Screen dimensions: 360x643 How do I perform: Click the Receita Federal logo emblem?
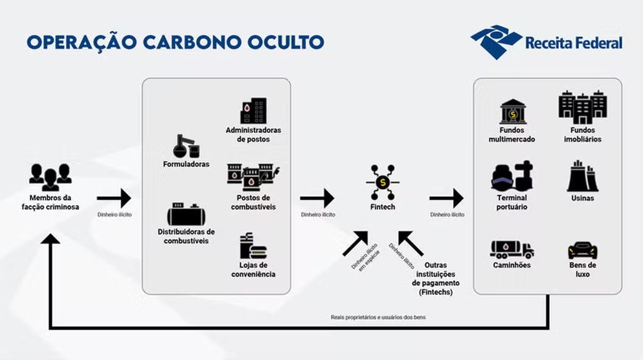point(496,42)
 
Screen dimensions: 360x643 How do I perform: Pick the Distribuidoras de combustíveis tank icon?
point(186,214)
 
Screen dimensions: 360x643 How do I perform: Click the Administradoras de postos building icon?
point(253,111)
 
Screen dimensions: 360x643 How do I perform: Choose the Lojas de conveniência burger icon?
point(253,247)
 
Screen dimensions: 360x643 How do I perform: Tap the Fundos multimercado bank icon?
point(513,111)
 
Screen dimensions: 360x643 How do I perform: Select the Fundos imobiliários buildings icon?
point(582,108)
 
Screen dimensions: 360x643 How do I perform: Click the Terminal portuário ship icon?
point(512,175)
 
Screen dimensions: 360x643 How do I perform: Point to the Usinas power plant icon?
point(582,176)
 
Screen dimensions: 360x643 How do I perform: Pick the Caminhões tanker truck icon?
point(512,249)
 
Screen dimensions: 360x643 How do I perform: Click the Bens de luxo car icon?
point(582,250)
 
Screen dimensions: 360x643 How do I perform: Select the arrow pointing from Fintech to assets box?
point(447,198)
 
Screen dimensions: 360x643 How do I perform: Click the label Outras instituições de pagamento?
point(433,279)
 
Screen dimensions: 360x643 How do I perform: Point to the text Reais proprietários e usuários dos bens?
point(378,317)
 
